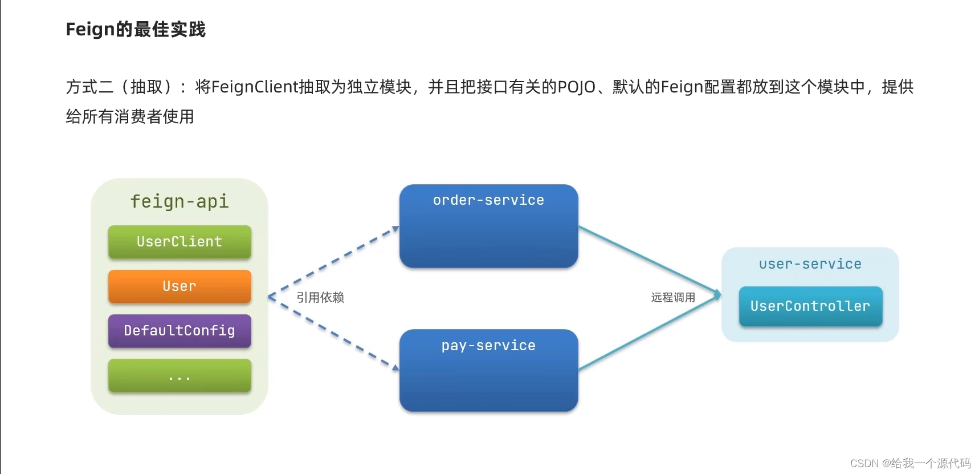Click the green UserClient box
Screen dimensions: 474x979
click(x=180, y=242)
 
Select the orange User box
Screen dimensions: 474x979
click(x=180, y=286)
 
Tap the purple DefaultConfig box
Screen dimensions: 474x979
click(x=180, y=331)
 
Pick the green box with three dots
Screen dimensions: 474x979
click(x=180, y=375)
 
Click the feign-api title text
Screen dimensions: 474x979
click(x=180, y=201)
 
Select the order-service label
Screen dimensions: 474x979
click(x=488, y=200)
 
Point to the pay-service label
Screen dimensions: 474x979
click(x=488, y=346)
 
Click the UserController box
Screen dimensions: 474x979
click(x=810, y=306)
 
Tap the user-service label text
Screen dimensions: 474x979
click(x=810, y=264)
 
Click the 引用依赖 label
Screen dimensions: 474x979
click(x=320, y=297)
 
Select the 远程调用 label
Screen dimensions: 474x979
click(x=673, y=297)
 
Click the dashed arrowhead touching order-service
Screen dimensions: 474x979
click(x=395, y=229)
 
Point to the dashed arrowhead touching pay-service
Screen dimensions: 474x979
click(x=395, y=367)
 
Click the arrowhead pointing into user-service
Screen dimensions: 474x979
click(x=717, y=294)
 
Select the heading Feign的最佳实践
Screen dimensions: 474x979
click(x=136, y=29)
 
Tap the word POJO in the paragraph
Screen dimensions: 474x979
click(x=576, y=87)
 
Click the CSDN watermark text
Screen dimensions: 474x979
click(x=909, y=463)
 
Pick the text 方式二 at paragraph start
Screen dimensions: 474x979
click(x=90, y=87)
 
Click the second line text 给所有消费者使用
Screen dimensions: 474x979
click(x=130, y=116)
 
